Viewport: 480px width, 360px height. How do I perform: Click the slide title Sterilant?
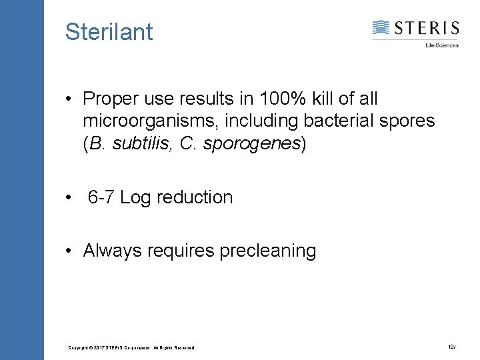(109, 31)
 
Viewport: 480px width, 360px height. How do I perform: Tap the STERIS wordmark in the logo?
(426, 28)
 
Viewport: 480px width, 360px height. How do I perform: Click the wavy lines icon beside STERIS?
(381, 28)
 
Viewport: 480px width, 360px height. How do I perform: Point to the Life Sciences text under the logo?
(442, 45)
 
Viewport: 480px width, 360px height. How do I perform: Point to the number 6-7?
(101, 197)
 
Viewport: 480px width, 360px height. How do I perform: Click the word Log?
(135, 198)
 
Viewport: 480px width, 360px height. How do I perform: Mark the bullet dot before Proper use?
(69, 100)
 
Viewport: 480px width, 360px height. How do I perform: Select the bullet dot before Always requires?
(69, 251)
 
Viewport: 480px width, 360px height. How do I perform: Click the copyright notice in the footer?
(131, 348)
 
